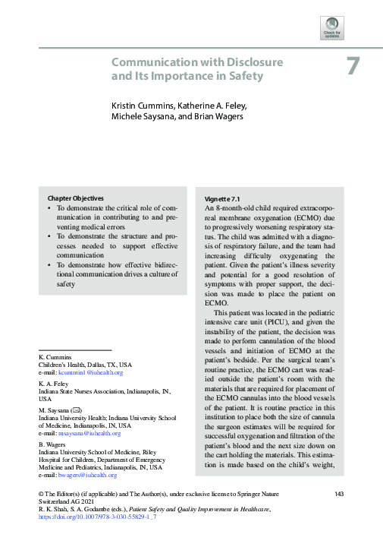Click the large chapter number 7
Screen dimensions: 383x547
(x=353, y=66)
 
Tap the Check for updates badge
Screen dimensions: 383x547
(x=333, y=29)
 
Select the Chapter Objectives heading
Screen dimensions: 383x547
(x=75, y=198)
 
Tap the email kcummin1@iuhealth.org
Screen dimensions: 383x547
(x=85, y=373)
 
